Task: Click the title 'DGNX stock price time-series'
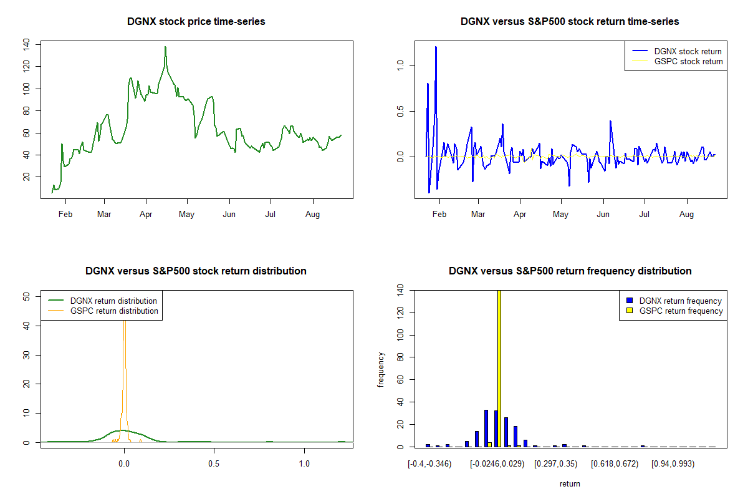(196, 22)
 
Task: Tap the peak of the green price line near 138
(165, 47)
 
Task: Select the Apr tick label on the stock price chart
(146, 215)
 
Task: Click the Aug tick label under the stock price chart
(312, 215)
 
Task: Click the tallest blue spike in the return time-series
(436, 47)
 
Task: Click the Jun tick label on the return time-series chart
(603, 215)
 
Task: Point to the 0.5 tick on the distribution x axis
(214, 464)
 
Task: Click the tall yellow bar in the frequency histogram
(499, 368)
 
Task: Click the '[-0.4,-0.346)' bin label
(429, 464)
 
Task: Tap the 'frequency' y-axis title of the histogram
(381, 370)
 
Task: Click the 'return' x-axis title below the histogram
(570, 483)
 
